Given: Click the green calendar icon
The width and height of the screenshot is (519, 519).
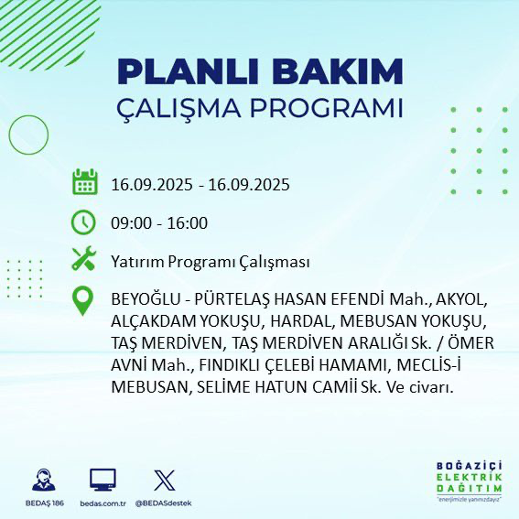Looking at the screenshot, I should [x=84, y=183].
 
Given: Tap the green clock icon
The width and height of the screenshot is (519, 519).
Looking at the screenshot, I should [x=84, y=222].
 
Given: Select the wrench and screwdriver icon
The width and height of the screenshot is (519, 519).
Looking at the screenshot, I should [x=84, y=260].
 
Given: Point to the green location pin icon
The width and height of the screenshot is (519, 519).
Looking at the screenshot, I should [x=84, y=302].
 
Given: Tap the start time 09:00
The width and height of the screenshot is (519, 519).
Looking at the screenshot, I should [x=131, y=223].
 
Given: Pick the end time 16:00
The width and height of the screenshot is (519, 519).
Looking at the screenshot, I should [x=187, y=223].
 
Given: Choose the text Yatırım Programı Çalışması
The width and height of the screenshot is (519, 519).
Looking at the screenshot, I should [x=210, y=262].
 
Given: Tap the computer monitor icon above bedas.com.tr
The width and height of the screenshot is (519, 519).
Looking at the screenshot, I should [x=103, y=481].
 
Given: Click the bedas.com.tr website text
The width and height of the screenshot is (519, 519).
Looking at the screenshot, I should [x=103, y=503].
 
